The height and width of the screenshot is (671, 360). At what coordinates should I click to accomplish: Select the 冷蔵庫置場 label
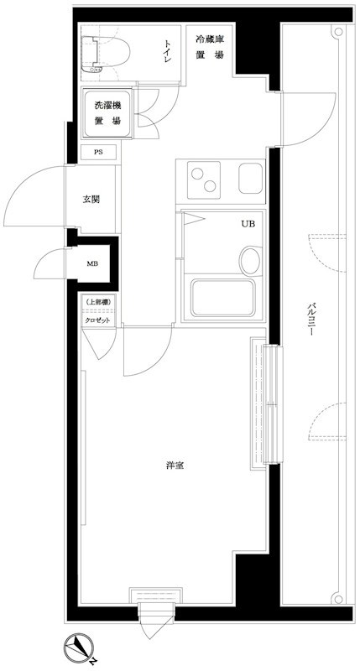tap(209, 47)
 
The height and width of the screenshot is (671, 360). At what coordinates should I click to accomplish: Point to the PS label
tap(98, 153)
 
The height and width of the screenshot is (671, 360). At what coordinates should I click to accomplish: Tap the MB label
tap(92, 263)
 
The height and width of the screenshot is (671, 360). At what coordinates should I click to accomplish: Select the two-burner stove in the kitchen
tap(202, 179)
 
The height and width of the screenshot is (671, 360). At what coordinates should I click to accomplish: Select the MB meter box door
tap(50, 265)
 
